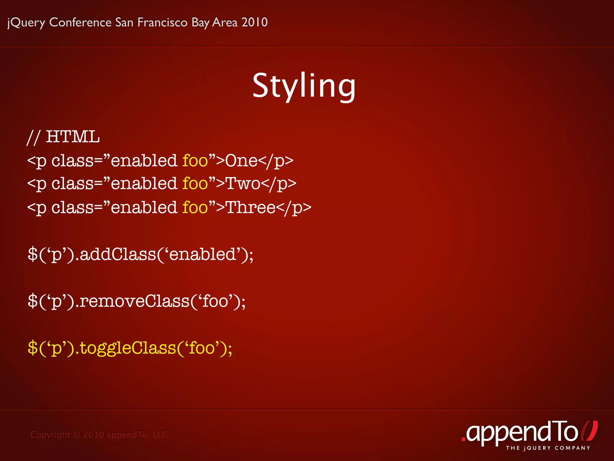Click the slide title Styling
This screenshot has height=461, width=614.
pyautogui.click(x=304, y=86)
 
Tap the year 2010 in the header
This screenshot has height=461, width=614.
pyautogui.click(x=255, y=22)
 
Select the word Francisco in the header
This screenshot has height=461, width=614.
pyautogui.click(x=162, y=22)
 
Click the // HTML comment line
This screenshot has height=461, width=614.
pyautogui.click(x=63, y=137)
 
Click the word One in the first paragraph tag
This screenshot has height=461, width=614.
pyautogui.click(x=241, y=161)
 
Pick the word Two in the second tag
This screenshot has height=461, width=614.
pyautogui.click(x=243, y=184)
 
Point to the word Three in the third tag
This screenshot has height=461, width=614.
pyautogui.click(x=250, y=207)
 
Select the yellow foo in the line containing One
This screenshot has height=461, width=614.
pyautogui.click(x=195, y=161)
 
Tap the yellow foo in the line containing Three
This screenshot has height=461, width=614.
pyautogui.click(x=195, y=207)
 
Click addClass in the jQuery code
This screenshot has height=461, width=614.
pyautogui.click(x=118, y=254)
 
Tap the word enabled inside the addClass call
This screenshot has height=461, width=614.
pyautogui.click(x=203, y=254)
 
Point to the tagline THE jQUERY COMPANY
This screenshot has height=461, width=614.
pyautogui.click(x=548, y=448)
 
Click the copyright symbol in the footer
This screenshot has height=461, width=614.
pyautogui.click(x=77, y=435)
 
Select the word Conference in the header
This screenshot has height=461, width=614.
pyautogui.click(x=80, y=22)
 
